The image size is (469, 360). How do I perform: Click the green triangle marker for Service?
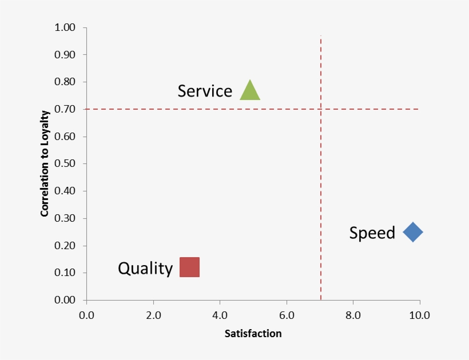coord(250,91)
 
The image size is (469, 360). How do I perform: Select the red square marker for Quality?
coord(189,267)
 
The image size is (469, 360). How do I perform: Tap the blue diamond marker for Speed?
coord(412,232)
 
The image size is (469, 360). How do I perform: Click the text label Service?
coord(205,91)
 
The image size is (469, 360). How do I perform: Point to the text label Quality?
coord(145,268)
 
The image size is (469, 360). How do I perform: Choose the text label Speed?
coord(372,233)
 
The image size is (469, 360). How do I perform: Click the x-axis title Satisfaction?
coord(253,333)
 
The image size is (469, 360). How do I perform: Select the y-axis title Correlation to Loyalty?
coord(45,163)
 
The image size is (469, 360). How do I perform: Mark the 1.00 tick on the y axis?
coord(65,27)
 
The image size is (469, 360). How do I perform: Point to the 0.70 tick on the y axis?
coord(65,109)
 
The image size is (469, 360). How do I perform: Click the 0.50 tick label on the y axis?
coord(65,164)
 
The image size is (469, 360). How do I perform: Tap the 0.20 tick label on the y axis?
coord(65,246)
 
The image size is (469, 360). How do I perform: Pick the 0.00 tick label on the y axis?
coord(65,300)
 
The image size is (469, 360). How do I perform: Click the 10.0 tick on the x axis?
coord(420,315)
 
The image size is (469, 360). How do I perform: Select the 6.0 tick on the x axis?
coord(287,315)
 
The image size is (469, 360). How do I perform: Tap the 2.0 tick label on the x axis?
coord(153,315)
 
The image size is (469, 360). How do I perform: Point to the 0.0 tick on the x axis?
coord(86,315)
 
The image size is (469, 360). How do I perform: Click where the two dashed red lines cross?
coord(321,109)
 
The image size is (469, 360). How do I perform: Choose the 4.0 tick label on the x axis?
coord(220,315)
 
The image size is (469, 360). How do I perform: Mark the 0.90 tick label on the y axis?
coord(65,55)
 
